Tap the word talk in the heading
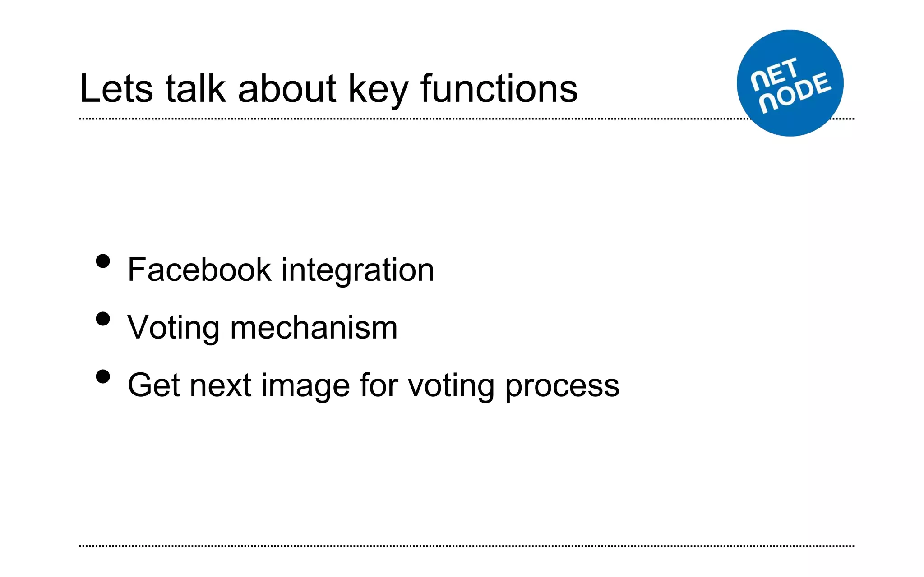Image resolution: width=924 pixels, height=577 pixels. point(195,89)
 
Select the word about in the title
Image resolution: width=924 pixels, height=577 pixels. point(287,89)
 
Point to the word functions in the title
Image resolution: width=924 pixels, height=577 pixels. point(499,89)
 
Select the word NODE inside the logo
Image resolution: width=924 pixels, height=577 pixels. point(795,93)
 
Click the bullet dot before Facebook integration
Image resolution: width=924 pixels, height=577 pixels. point(103,261)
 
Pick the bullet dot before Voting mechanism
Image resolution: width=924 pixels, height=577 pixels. point(103,319)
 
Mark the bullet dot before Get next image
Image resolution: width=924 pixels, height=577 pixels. point(103,376)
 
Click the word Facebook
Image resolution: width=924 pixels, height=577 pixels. point(199,270)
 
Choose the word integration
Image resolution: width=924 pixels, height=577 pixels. point(358,270)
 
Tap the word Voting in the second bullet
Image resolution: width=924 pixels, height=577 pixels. point(174,328)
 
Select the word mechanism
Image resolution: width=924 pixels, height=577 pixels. point(314,327)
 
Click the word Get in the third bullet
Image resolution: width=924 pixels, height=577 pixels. point(154,385)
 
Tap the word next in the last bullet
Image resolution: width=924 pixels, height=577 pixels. point(220,386)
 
